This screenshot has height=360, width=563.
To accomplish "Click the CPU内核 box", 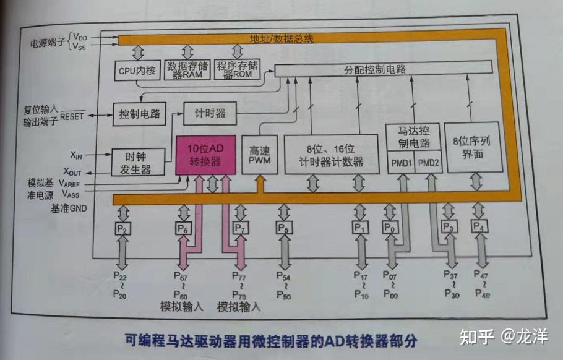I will tap(136, 71).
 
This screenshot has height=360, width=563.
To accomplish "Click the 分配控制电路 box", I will tap(383, 69).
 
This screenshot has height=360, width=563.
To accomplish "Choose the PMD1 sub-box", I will tap(399, 164).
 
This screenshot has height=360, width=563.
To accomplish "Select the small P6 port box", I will tap(184, 228).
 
